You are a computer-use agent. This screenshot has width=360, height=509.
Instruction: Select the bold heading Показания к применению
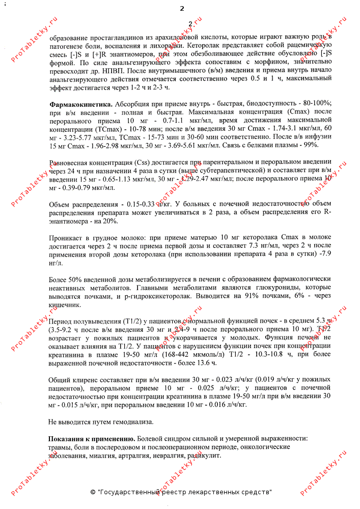[92, 438]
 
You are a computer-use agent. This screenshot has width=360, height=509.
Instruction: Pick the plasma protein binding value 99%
[309, 145]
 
